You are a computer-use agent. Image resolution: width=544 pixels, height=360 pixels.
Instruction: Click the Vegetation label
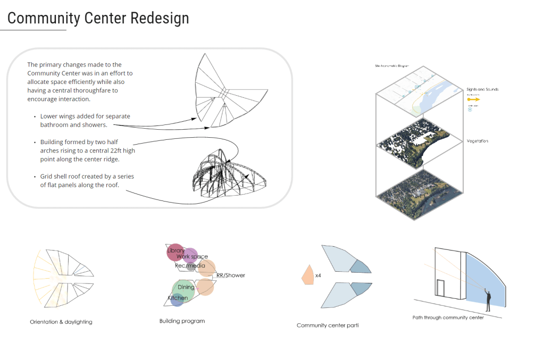click(477, 141)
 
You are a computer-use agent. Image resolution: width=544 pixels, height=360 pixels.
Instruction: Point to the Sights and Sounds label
click(482, 89)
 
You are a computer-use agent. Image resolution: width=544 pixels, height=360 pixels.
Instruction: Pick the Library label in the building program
click(175, 250)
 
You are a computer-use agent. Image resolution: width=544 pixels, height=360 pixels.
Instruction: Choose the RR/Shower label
click(231, 275)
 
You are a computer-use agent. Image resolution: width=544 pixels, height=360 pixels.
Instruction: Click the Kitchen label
click(178, 298)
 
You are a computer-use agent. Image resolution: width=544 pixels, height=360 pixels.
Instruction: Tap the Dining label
click(186, 288)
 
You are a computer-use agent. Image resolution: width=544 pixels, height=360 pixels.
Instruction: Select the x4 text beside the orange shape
click(318, 276)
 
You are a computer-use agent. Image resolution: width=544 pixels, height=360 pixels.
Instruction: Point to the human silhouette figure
click(488, 301)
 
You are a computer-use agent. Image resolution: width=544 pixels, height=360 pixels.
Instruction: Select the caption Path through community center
click(455, 318)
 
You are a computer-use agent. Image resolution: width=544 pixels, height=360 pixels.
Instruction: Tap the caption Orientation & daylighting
click(61, 322)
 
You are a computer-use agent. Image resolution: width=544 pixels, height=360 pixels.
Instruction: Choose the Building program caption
click(182, 321)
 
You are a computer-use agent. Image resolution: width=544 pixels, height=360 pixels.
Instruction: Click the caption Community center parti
click(328, 325)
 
